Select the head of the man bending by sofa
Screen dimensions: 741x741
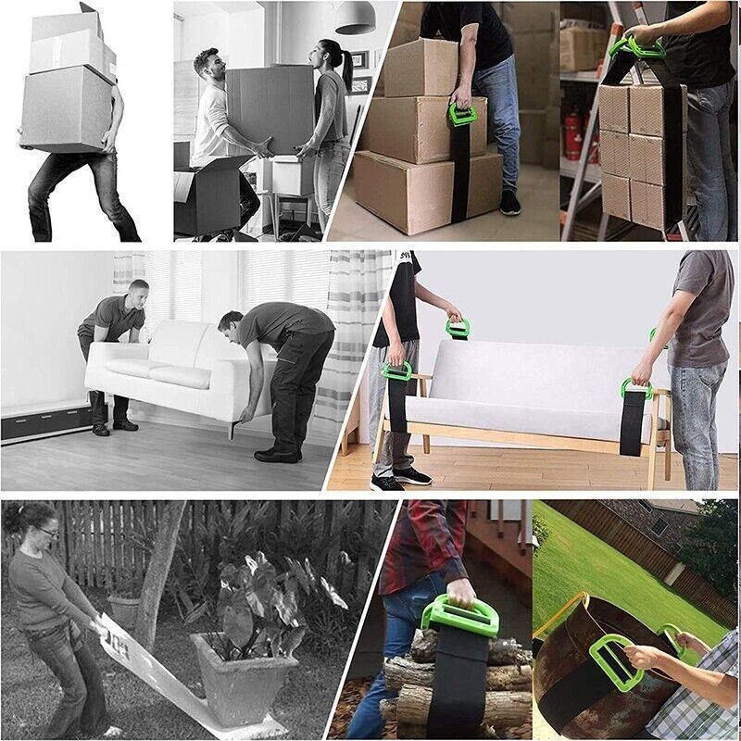(x=231, y=325)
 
